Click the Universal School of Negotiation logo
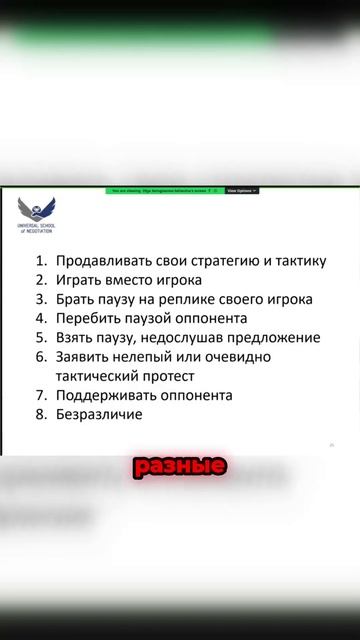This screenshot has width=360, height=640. [x=37, y=212]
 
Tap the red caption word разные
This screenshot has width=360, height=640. [x=179, y=466]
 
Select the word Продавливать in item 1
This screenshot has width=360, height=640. [x=104, y=261]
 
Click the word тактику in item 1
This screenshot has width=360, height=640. [x=292, y=261]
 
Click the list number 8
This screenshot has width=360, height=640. [x=41, y=413]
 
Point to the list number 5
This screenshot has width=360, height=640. [x=41, y=337]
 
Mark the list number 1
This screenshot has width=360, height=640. [x=41, y=261]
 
